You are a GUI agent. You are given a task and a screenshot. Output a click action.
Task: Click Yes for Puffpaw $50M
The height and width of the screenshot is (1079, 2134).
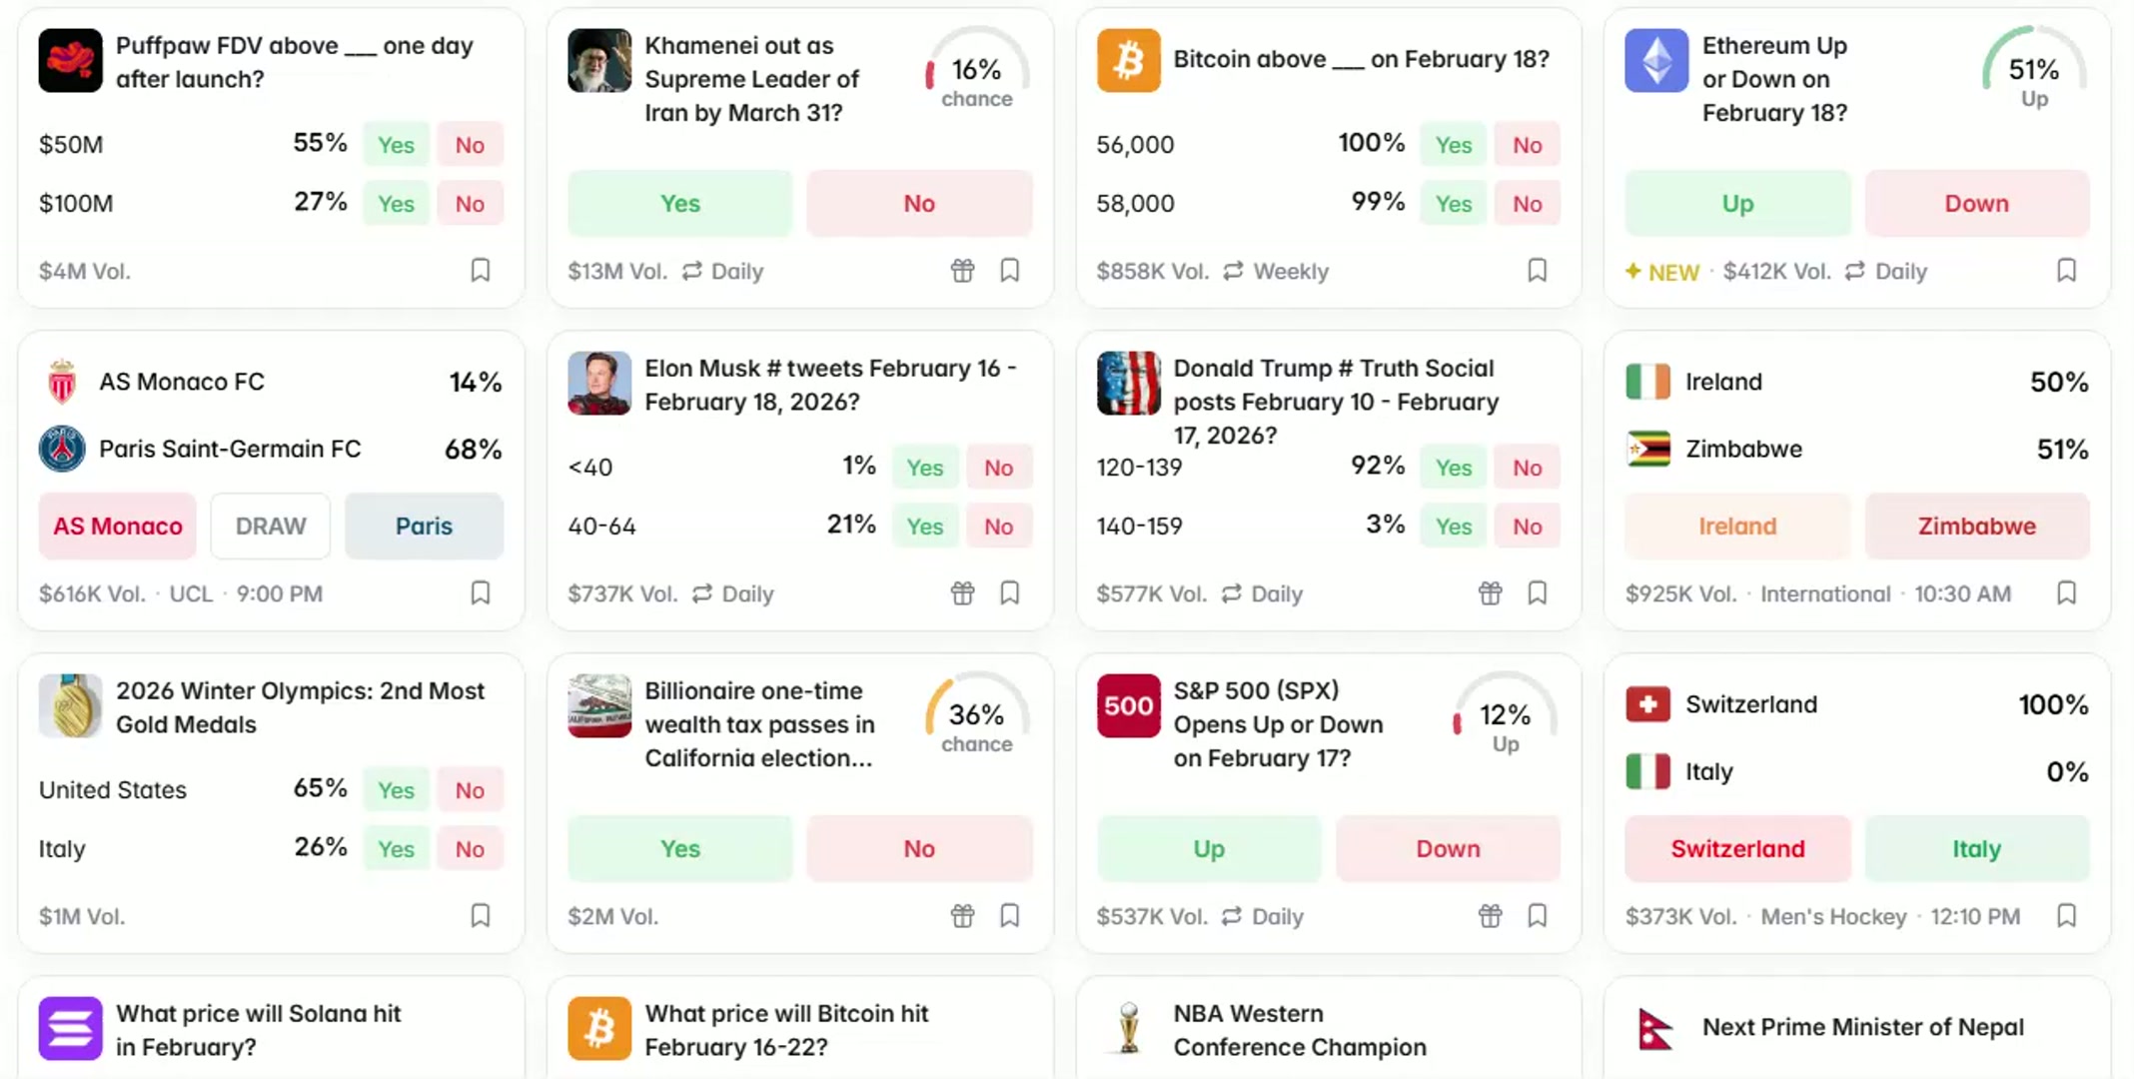pyautogui.click(x=396, y=145)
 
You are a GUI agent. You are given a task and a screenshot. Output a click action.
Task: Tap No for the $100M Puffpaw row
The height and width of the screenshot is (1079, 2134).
pyautogui.click(x=470, y=204)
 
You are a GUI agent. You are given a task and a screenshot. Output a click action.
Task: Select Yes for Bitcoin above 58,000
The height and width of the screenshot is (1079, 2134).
pyautogui.click(x=1453, y=204)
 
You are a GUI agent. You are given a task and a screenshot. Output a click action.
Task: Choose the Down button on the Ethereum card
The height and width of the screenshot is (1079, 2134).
pyautogui.click(x=1975, y=204)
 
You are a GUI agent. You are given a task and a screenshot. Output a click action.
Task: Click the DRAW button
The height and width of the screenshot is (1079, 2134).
pyautogui.click(x=271, y=527)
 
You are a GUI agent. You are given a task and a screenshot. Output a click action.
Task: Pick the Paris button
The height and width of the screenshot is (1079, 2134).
pyautogui.click(x=424, y=527)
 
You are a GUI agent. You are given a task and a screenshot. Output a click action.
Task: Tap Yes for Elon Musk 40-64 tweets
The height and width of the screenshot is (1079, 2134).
pyautogui.click(x=924, y=527)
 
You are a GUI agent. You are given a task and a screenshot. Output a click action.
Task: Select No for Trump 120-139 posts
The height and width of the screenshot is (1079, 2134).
pyautogui.click(x=1527, y=468)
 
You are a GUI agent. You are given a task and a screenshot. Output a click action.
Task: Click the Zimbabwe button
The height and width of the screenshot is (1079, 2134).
pyautogui.click(x=1975, y=527)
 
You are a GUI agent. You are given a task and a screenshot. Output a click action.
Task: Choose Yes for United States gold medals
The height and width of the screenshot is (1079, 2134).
pyautogui.click(x=396, y=790)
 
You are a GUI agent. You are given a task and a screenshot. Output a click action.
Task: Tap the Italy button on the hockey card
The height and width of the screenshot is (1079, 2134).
pyautogui.click(x=1975, y=849)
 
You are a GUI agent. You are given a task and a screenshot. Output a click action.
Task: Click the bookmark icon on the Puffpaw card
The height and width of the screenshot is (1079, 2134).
pyautogui.click(x=481, y=271)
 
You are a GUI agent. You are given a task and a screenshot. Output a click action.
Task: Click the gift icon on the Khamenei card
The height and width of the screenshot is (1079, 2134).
pyautogui.click(x=962, y=271)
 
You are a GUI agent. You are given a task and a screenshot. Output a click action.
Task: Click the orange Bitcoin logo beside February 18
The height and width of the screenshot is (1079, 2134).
pyautogui.click(x=1128, y=61)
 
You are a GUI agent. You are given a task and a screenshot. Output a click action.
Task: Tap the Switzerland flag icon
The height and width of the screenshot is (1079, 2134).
pyautogui.click(x=1647, y=705)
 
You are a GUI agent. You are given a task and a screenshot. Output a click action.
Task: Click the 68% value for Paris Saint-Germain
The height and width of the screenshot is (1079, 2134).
pyautogui.click(x=473, y=450)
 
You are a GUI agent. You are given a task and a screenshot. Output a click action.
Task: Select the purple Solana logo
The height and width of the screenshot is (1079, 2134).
pyautogui.click(x=70, y=1028)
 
